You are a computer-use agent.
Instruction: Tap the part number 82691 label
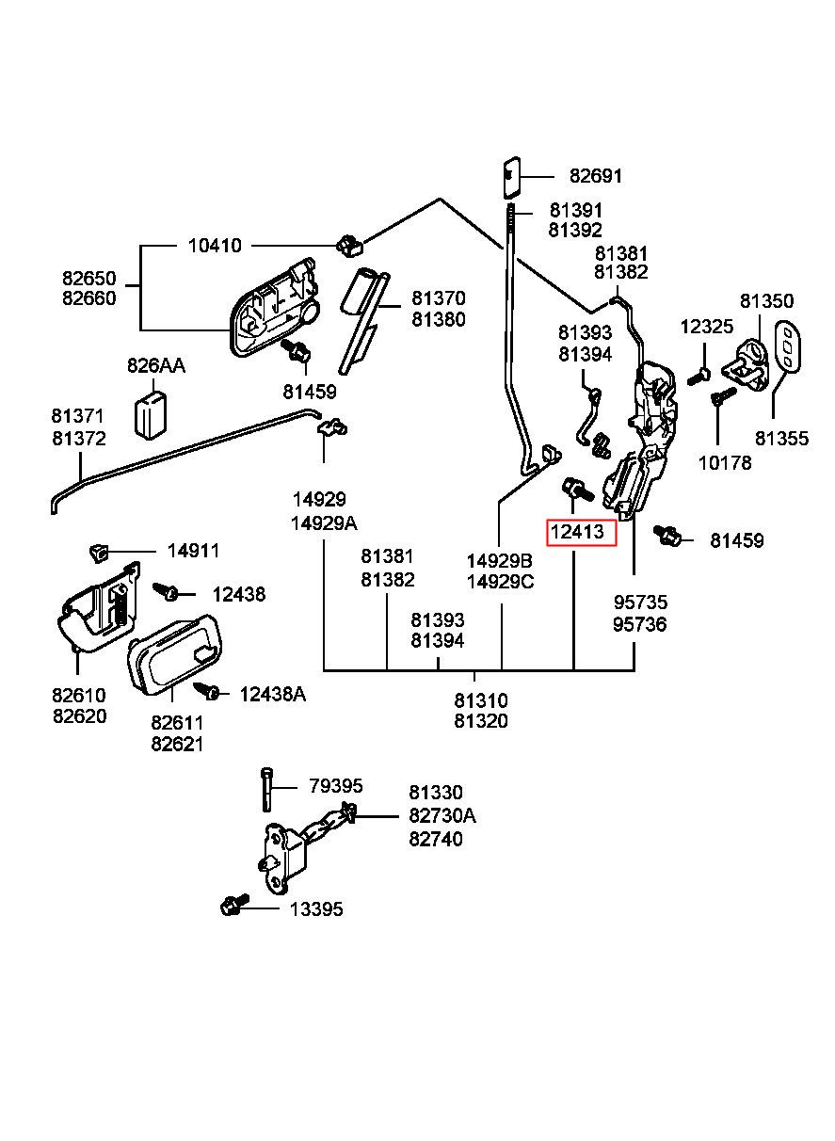point(595,176)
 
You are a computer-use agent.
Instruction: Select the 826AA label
point(156,365)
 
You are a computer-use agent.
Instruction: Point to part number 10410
point(215,246)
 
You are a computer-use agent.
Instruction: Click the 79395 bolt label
point(336,786)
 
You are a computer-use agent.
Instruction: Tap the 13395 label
point(315,909)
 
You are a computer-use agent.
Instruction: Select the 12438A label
point(272,695)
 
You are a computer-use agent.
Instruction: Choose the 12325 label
point(706,326)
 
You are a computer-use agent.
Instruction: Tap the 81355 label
point(781,438)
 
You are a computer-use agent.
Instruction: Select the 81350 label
point(766,301)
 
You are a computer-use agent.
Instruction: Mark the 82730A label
point(442,815)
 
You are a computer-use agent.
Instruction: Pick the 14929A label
point(325,523)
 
